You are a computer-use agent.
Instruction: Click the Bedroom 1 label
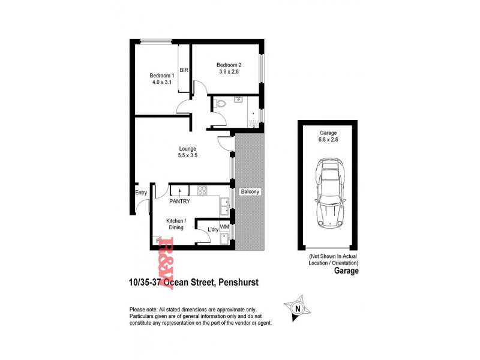[161, 76]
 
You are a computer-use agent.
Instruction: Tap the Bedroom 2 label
[229, 65]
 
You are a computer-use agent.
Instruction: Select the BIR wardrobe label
[184, 71]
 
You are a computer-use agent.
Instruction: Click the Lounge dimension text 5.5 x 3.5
[188, 155]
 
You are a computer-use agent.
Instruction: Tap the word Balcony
[249, 192]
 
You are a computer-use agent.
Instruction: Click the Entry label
[141, 193]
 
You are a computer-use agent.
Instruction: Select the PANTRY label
[179, 202]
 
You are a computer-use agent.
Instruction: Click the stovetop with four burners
[203, 191]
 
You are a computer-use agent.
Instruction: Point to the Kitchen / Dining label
[176, 224]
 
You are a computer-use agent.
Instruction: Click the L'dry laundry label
[212, 230]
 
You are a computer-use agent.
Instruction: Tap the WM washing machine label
[224, 227]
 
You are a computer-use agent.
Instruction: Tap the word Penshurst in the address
[234, 281]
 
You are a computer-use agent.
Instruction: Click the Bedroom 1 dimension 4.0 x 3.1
[161, 83]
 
